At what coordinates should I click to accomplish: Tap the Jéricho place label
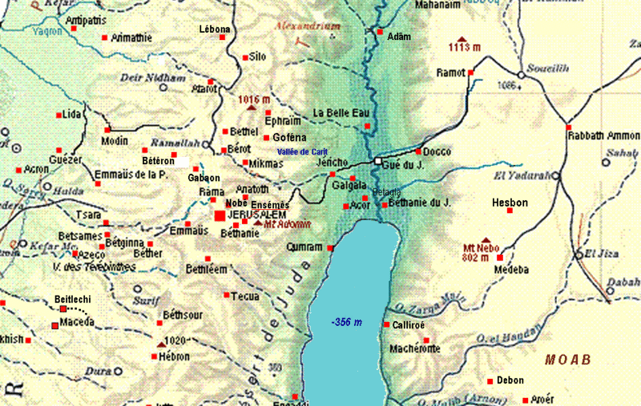tap(332, 162)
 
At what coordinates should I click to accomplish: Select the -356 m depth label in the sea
tap(347, 322)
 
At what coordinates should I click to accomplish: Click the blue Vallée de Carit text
tap(303, 151)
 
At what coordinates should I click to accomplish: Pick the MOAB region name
tap(567, 360)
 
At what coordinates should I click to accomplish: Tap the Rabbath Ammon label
tap(603, 135)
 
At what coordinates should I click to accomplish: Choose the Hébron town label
tap(175, 356)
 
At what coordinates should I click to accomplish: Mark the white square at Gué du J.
tap(377, 162)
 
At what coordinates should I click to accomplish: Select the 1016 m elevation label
tap(254, 99)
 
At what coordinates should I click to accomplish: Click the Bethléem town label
tap(207, 270)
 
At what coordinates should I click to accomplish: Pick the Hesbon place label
tap(510, 203)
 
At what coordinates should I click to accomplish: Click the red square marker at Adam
tap(380, 33)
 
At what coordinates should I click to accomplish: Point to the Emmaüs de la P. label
tap(131, 174)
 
